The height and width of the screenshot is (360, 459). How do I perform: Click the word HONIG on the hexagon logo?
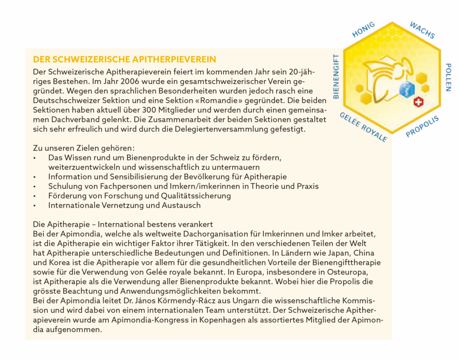pos(364,29)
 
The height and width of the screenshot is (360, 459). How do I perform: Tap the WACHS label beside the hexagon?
pos(422,30)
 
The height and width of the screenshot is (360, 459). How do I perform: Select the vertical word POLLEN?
pos(448,78)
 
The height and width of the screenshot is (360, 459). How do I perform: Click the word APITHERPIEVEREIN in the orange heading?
pos(174,60)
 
